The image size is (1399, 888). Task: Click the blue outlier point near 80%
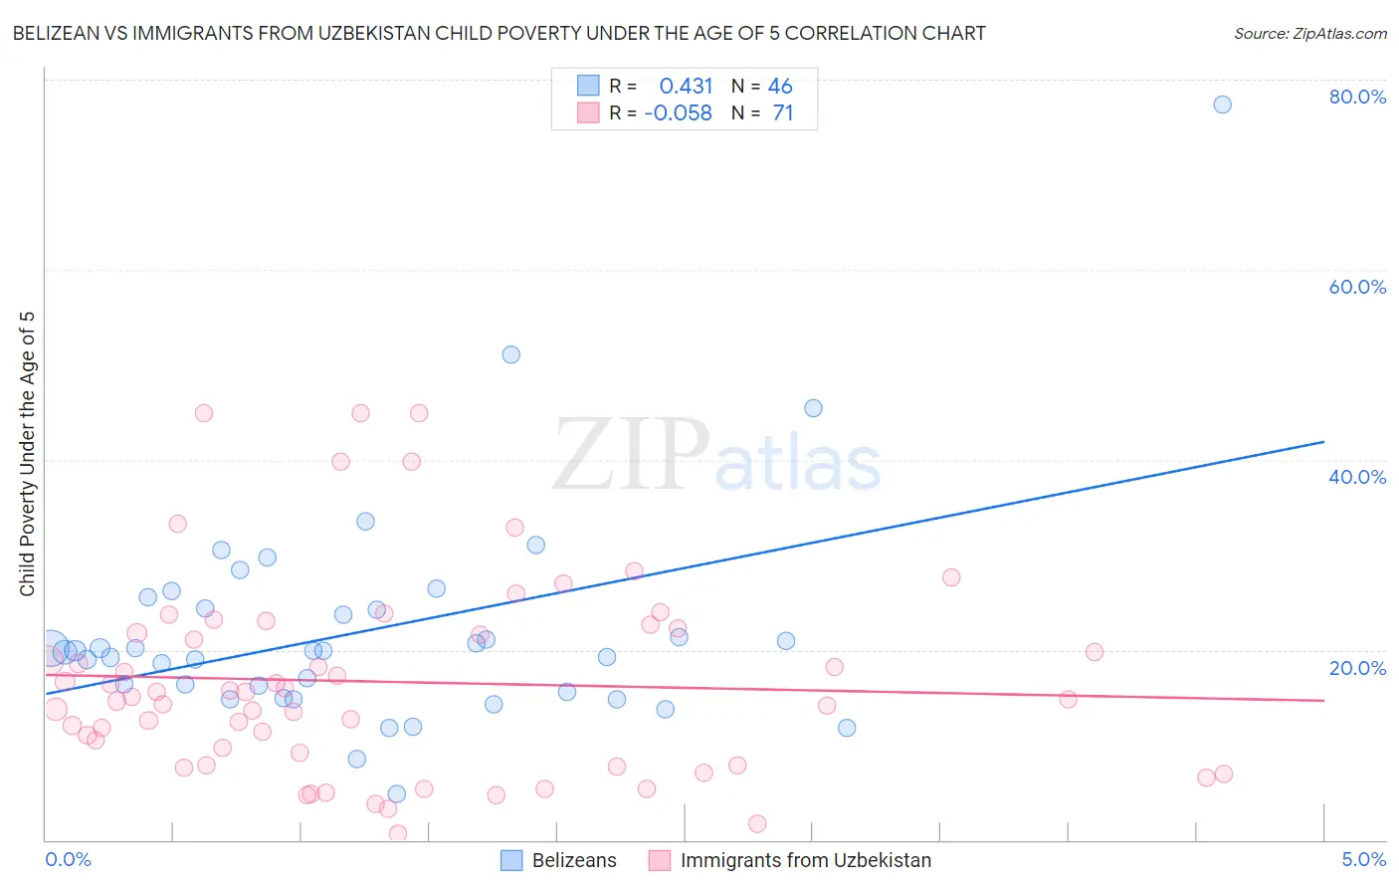1222,105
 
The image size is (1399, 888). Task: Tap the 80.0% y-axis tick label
1357,97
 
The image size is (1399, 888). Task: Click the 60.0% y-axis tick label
1357,287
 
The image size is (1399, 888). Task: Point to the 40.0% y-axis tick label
1357,477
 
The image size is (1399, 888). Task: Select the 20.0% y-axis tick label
1357,667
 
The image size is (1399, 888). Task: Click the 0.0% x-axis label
68,859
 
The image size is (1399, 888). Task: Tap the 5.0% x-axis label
1363,859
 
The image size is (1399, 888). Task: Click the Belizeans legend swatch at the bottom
511,860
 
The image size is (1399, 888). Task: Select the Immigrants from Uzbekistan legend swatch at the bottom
659,860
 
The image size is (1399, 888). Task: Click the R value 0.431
686,87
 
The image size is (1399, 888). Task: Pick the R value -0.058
678,113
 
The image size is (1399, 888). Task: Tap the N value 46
780,87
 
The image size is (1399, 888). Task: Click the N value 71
783,113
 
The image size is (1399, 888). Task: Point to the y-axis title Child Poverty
27,454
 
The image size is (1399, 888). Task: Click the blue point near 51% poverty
511,354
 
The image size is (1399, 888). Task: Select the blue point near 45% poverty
813,408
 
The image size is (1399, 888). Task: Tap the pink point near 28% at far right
951,577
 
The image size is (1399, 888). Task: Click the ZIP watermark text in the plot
631,455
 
